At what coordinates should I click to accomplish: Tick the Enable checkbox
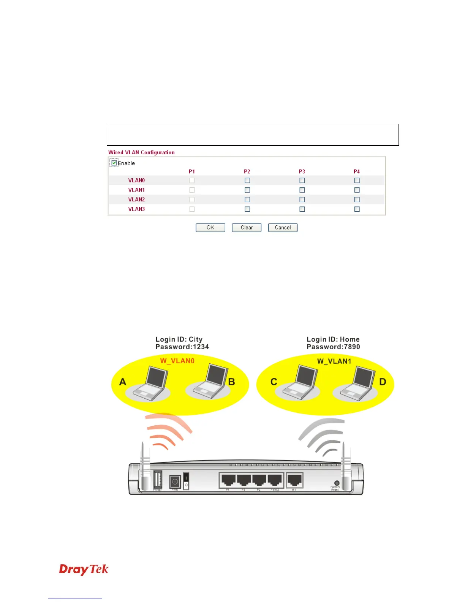click(x=114, y=163)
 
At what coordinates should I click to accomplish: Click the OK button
click(x=210, y=228)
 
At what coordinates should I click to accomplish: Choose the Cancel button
click(x=283, y=228)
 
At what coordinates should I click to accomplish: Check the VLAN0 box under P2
click(x=247, y=181)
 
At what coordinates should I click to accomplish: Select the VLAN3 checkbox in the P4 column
click(x=357, y=209)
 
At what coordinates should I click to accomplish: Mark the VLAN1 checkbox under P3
click(x=302, y=190)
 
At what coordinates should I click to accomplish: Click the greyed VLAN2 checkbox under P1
click(x=192, y=200)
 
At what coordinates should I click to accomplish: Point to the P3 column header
click(x=302, y=172)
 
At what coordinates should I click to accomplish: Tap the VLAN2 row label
click(x=136, y=200)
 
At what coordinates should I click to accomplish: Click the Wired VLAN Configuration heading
click(x=141, y=152)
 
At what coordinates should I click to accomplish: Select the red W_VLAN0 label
click(x=177, y=361)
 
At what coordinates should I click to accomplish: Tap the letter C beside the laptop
click(x=274, y=382)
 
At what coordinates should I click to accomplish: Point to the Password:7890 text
click(x=333, y=347)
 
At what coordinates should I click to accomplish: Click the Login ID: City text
click(x=179, y=339)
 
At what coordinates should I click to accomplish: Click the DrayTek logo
click(x=84, y=569)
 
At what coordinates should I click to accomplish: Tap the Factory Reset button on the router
click(x=337, y=483)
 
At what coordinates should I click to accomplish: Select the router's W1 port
click(x=294, y=480)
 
